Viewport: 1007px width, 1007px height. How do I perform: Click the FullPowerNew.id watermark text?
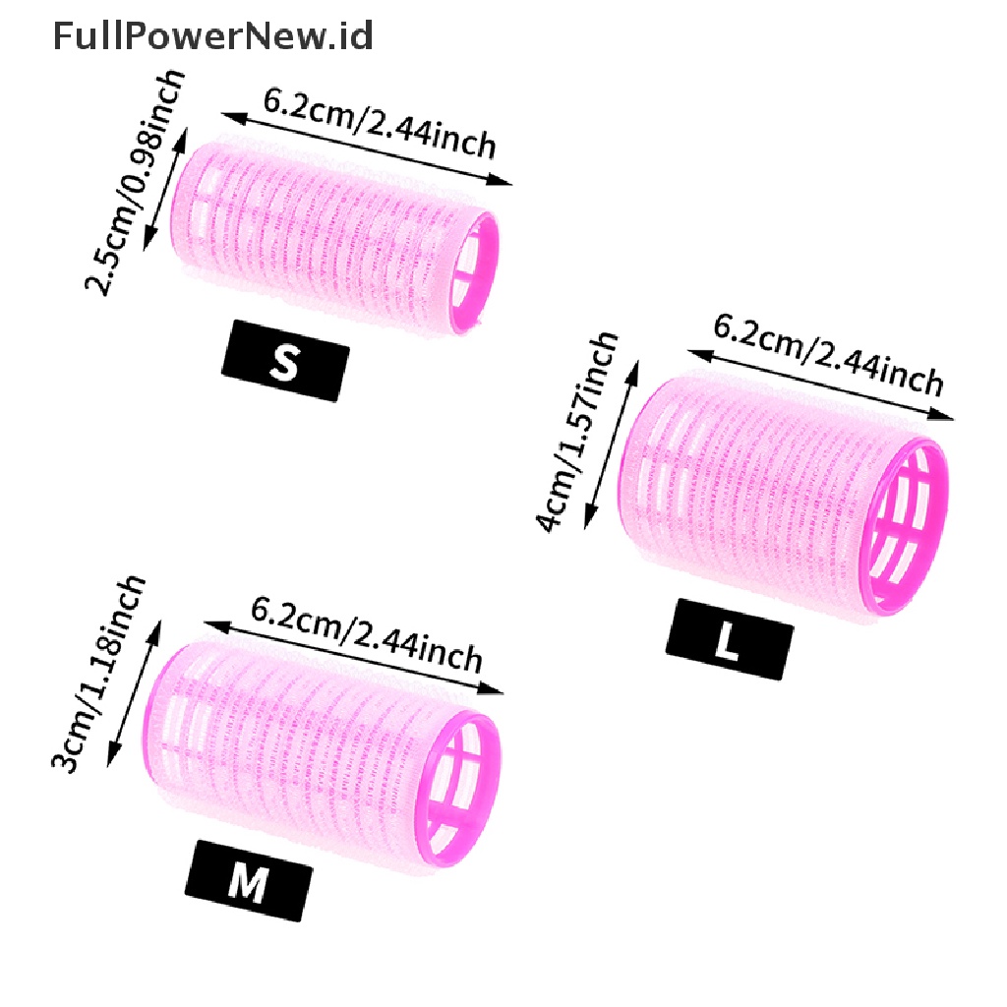tap(212, 36)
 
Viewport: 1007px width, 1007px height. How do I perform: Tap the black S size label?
tap(285, 361)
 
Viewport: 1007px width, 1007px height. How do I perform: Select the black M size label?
tap(249, 881)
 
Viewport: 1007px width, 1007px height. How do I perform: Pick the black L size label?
tap(730, 639)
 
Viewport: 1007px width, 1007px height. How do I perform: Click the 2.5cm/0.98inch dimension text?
tap(134, 182)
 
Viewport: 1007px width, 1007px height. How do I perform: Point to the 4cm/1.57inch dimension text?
tap(576, 433)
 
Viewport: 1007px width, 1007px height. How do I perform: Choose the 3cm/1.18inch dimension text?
tap(98, 675)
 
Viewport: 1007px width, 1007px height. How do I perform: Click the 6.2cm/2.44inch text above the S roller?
tap(380, 123)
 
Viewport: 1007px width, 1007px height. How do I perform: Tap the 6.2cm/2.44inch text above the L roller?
tap(828, 354)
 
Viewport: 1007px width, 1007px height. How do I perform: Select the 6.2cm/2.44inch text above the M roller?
tap(366, 634)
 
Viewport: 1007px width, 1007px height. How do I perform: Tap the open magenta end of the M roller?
tap(458, 789)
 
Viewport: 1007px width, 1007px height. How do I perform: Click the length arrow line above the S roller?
tap(367, 149)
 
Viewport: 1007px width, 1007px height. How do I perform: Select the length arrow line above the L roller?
tap(821, 385)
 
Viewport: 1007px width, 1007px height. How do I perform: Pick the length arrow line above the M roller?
tap(353, 658)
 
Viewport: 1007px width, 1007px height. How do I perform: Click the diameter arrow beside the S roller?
tap(165, 189)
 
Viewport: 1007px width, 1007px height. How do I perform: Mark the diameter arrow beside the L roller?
tap(612, 444)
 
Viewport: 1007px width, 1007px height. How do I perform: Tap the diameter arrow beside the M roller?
tap(134, 693)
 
